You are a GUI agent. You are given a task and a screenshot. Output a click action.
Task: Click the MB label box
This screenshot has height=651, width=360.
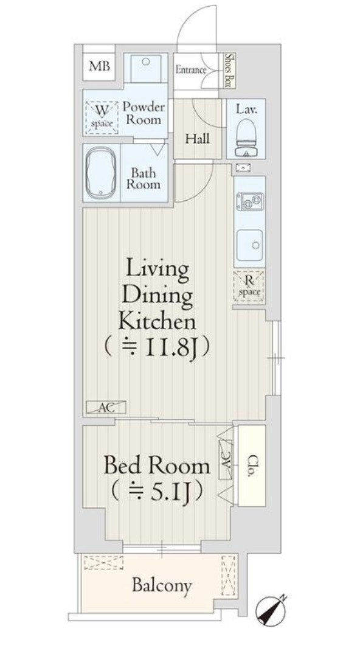point(99,66)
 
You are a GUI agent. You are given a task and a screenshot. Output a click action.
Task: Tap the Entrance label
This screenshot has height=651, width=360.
point(191,70)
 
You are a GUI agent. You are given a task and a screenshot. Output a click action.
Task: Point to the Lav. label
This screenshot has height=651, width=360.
point(250,110)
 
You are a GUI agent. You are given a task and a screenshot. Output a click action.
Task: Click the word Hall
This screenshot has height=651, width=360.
point(198,139)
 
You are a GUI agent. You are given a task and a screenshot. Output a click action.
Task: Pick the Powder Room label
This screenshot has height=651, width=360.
point(144,113)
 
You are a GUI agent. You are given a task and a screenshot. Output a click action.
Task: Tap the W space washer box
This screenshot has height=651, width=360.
point(102,114)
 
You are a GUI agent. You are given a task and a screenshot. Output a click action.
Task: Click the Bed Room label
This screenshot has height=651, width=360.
point(157,467)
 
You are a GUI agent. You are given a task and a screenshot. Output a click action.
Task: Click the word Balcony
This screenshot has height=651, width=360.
point(162,586)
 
